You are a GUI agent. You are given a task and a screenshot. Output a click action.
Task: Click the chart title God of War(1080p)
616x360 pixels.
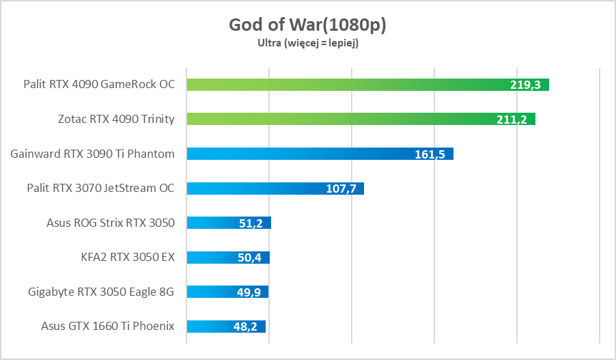click(x=307, y=25)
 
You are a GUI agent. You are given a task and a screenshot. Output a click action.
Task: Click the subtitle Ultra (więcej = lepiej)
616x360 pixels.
click(x=307, y=43)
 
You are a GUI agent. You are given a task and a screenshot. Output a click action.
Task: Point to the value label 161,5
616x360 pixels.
click(x=430, y=154)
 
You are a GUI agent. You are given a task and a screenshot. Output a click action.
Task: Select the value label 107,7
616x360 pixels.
click(x=341, y=189)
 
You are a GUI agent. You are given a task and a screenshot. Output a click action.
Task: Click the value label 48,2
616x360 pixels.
click(x=245, y=327)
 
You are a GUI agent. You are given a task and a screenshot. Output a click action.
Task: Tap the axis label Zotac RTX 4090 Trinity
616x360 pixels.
click(x=116, y=119)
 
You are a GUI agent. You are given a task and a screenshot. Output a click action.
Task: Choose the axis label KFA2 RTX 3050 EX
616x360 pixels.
click(x=128, y=258)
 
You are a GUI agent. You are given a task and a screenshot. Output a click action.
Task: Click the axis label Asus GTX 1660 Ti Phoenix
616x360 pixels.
click(x=107, y=327)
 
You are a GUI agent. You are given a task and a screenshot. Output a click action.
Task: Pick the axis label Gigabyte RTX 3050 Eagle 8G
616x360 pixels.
click(x=101, y=292)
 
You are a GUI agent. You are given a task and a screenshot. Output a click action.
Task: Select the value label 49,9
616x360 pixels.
click(x=248, y=292)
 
